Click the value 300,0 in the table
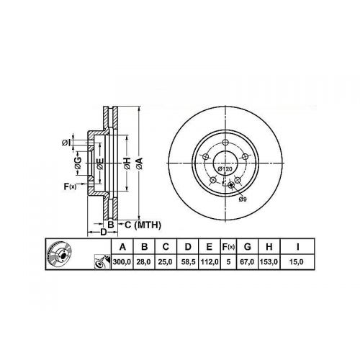click(x=122, y=261)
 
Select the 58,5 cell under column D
click(x=188, y=261)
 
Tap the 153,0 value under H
click(x=269, y=261)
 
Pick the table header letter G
click(x=247, y=247)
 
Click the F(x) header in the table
click(x=228, y=247)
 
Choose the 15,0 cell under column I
click(x=297, y=261)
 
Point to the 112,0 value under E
click(x=210, y=261)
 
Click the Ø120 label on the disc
click(x=225, y=169)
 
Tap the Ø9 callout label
click(x=243, y=199)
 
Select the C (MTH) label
click(x=143, y=225)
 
